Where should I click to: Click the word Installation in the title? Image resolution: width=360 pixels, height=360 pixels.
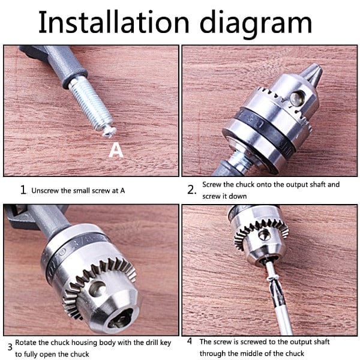tap(114, 22)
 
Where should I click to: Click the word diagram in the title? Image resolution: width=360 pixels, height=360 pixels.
tap(256, 25)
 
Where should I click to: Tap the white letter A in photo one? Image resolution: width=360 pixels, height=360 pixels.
tap(116, 150)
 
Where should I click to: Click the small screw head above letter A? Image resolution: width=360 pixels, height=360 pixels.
tap(109, 131)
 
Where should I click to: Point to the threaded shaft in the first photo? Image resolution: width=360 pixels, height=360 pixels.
tap(91, 103)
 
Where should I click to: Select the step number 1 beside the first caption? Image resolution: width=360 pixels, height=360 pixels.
tap(23, 190)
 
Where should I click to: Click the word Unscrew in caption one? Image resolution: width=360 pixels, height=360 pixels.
tap(45, 191)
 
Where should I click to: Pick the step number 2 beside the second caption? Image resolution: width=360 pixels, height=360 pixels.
tap(191, 190)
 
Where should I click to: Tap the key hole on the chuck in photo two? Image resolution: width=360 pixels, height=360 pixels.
tap(297, 98)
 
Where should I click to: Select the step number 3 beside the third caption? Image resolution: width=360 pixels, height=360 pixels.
tap(10, 347)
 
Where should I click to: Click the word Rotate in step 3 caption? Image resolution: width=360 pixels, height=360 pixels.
tap(26, 343)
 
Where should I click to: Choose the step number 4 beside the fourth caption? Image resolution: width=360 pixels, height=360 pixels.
tap(190, 341)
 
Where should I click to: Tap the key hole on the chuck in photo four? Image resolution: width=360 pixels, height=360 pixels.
tap(264, 235)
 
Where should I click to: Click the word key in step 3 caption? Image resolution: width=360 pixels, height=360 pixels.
tap(166, 343)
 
